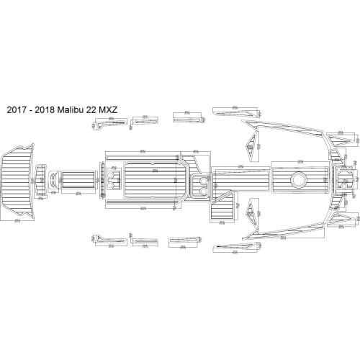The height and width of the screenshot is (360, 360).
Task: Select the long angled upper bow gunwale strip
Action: click(x=288, y=127)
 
